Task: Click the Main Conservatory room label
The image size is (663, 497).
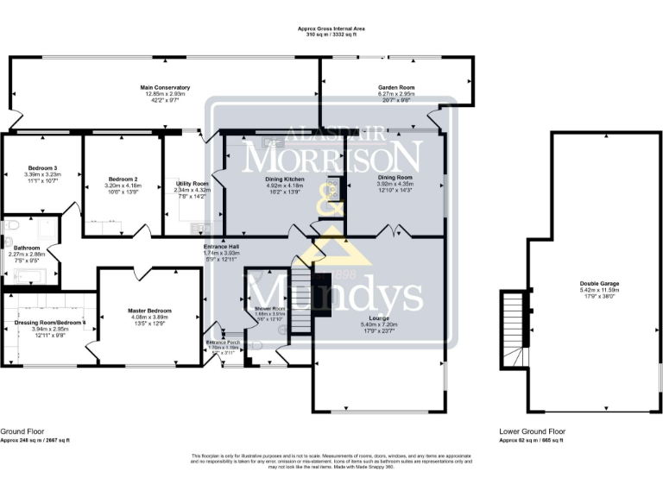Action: (165, 87)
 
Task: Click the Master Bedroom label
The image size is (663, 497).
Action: (149, 311)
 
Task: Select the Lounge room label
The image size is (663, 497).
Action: (380, 318)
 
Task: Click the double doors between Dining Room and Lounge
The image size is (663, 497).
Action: (395, 231)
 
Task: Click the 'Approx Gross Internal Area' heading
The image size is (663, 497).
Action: (333, 29)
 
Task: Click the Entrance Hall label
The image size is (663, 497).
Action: (220, 247)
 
